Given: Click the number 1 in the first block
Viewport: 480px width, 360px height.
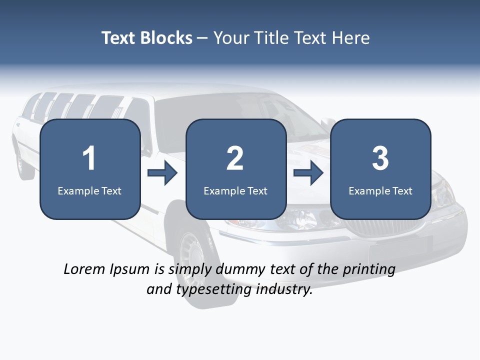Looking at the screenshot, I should pos(89,158).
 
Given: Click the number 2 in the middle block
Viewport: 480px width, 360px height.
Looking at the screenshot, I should pos(235,158).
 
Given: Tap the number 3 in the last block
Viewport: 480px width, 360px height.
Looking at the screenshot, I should pos(380,158).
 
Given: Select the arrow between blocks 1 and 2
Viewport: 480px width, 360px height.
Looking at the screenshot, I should pos(163,173).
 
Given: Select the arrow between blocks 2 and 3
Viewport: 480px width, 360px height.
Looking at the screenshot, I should pos(308,173).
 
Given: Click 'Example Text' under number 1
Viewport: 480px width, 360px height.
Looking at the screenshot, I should pos(89,191).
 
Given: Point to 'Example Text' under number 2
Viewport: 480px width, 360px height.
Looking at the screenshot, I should pos(235,191).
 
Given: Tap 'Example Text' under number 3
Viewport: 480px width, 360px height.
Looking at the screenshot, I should pos(380,191).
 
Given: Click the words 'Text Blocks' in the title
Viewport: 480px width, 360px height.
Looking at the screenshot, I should pos(147,38).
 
